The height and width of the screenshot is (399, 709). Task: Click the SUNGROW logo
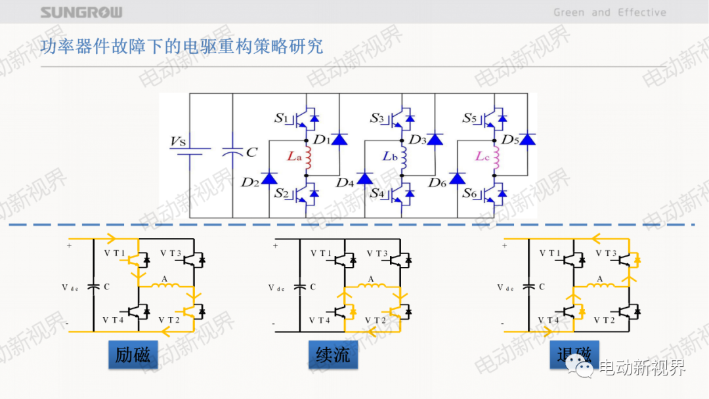(81, 12)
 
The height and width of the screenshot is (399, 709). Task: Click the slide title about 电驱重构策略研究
(183, 47)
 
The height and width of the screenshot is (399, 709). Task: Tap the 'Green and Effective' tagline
(609, 12)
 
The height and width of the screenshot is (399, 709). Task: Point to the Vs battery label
(179, 141)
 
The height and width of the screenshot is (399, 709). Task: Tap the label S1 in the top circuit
(281, 119)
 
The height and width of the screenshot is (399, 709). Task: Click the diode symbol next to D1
(339, 139)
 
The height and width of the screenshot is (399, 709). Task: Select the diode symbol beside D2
(269, 178)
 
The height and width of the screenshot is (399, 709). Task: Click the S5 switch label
(470, 119)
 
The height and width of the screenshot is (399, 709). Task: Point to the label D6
(438, 182)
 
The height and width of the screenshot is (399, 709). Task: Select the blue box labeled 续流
(333, 355)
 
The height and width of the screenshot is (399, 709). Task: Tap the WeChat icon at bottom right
(580, 367)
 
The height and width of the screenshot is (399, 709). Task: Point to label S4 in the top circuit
(377, 194)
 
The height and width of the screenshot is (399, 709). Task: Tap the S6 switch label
(470, 194)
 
